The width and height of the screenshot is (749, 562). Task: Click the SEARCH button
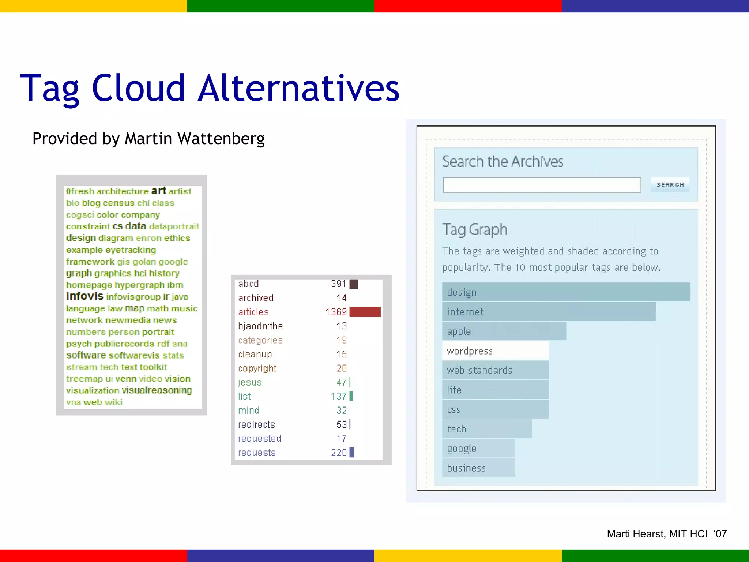pyautogui.click(x=670, y=184)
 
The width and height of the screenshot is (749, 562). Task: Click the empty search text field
pyautogui.click(x=542, y=185)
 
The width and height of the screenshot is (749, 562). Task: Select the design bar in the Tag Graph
pyautogui.click(x=566, y=292)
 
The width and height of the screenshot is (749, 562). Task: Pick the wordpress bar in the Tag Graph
pyautogui.click(x=495, y=351)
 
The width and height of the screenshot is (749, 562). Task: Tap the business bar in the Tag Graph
pyautogui.click(x=478, y=468)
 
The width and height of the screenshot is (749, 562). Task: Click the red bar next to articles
pyautogui.click(x=365, y=312)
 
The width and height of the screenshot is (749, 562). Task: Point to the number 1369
pyautogui.click(x=336, y=312)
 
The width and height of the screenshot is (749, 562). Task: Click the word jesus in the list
pyautogui.click(x=250, y=382)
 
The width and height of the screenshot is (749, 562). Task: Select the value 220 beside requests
pyautogui.click(x=339, y=453)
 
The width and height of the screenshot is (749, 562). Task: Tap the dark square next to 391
pyautogui.click(x=354, y=284)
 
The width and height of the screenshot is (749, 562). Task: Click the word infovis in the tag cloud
pyautogui.click(x=85, y=296)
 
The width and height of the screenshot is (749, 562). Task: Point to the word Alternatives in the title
pyautogui.click(x=298, y=88)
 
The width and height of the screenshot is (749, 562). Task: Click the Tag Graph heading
pyautogui.click(x=475, y=230)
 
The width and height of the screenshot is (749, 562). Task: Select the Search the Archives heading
pyautogui.click(x=503, y=161)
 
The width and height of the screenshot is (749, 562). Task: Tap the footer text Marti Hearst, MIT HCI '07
pyautogui.click(x=666, y=534)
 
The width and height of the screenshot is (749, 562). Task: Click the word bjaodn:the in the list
pyautogui.click(x=260, y=326)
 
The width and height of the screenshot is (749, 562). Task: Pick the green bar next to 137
pyautogui.click(x=351, y=396)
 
